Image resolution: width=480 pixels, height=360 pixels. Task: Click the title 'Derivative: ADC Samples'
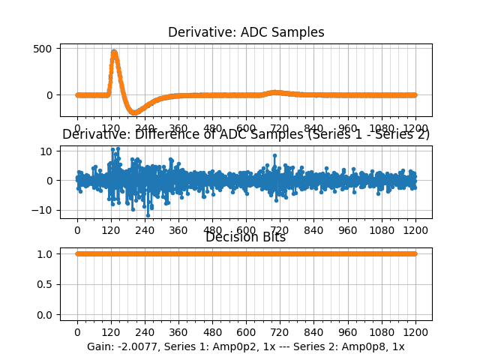[x=246, y=32]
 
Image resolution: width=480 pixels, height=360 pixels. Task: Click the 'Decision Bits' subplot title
[x=246, y=238]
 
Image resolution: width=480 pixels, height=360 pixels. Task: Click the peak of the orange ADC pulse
[x=114, y=52]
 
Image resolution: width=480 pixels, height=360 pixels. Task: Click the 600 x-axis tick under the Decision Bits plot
[x=246, y=332]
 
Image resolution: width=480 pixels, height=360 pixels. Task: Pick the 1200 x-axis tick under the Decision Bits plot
[x=415, y=332]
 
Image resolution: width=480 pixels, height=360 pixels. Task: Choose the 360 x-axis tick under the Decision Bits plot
[x=178, y=332]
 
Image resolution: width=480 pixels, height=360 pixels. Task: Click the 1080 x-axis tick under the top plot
[x=382, y=127]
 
